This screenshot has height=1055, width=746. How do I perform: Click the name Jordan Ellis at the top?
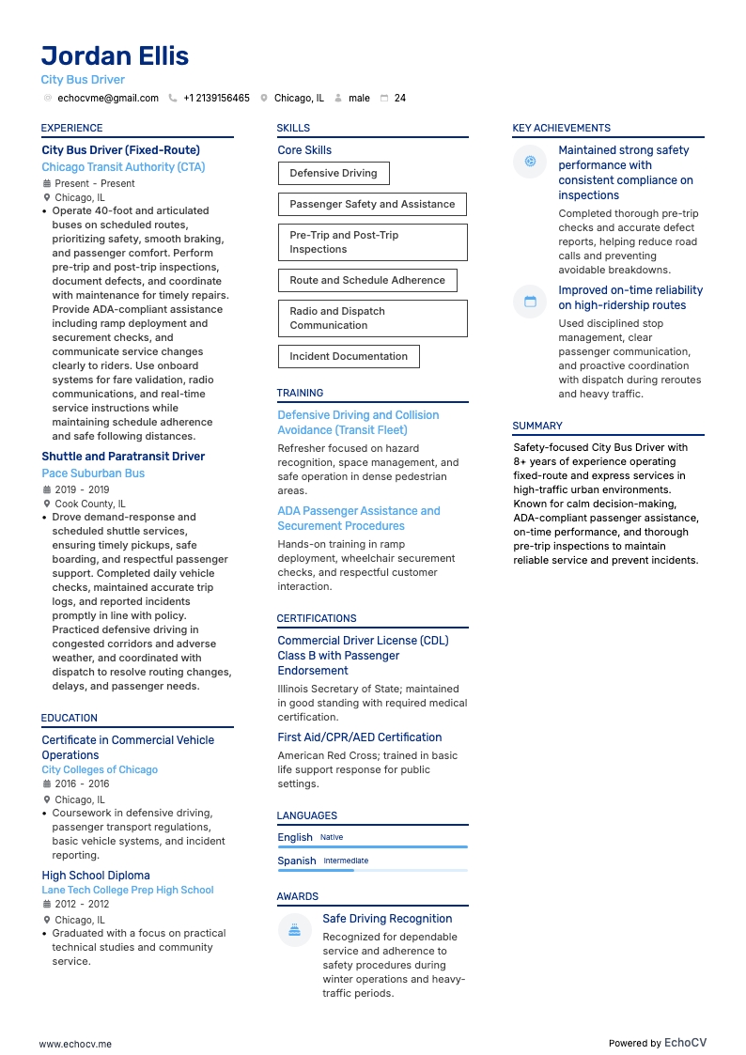115,55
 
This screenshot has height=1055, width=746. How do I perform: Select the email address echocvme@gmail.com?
108,98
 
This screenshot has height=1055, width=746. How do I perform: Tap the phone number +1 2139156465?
216,98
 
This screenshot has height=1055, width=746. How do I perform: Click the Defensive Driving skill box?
333,173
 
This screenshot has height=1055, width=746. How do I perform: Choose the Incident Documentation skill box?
348,356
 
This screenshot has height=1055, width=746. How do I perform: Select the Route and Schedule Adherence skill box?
366,280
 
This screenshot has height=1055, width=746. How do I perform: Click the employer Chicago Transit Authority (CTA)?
123,167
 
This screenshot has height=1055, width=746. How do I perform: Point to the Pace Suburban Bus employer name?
93,473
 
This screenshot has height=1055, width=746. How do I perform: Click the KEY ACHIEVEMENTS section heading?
561,128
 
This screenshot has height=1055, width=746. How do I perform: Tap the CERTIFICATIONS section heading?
317,618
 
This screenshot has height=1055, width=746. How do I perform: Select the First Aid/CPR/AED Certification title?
359,737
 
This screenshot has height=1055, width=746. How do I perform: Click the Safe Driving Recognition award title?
387,919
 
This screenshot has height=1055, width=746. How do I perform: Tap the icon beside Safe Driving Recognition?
294,930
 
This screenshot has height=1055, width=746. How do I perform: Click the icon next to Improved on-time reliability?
530,302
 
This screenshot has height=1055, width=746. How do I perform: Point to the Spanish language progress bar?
372,870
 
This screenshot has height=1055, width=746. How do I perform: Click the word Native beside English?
332,837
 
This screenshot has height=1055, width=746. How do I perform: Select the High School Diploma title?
96,876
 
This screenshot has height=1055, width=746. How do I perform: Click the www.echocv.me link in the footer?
75,1043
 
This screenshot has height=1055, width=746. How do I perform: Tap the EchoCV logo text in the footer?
685,1042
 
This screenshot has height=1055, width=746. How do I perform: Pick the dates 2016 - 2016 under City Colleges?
82,783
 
